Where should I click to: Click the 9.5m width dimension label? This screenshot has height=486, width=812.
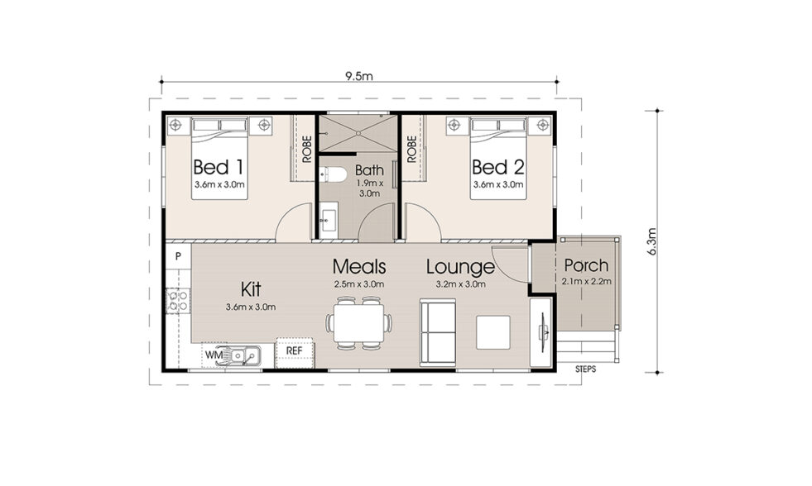click(x=360, y=76)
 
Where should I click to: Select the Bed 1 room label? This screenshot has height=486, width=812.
click(x=219, y=166)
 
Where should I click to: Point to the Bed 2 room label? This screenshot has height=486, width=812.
click(x=497, y=166)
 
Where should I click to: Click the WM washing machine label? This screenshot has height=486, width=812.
click(x=213, y=355)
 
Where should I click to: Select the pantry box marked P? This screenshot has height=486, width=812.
click(x=177, y=257)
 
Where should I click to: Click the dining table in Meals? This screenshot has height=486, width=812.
click(x=358, y=322)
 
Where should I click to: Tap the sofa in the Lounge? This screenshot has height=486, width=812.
click(x=438, y=333)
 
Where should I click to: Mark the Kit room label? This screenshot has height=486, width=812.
click(x=252, y=289)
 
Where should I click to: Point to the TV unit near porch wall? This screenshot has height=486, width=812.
click(x=542, y=332)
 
